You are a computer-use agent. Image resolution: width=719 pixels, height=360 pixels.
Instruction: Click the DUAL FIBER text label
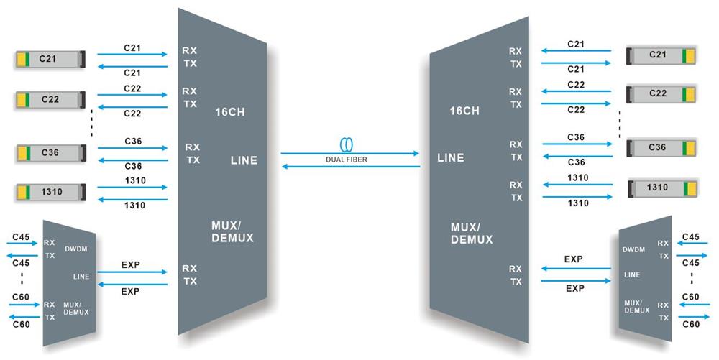pos(349,160)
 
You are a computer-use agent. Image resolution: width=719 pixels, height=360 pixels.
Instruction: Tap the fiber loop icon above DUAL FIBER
pos(349,142)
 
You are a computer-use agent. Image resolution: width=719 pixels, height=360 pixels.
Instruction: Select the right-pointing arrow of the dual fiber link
pos(349,153)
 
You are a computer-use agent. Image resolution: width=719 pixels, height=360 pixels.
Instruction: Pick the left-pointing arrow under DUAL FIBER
pos(349,167)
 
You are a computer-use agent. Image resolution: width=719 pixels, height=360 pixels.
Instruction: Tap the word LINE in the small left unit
pos(81,276)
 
